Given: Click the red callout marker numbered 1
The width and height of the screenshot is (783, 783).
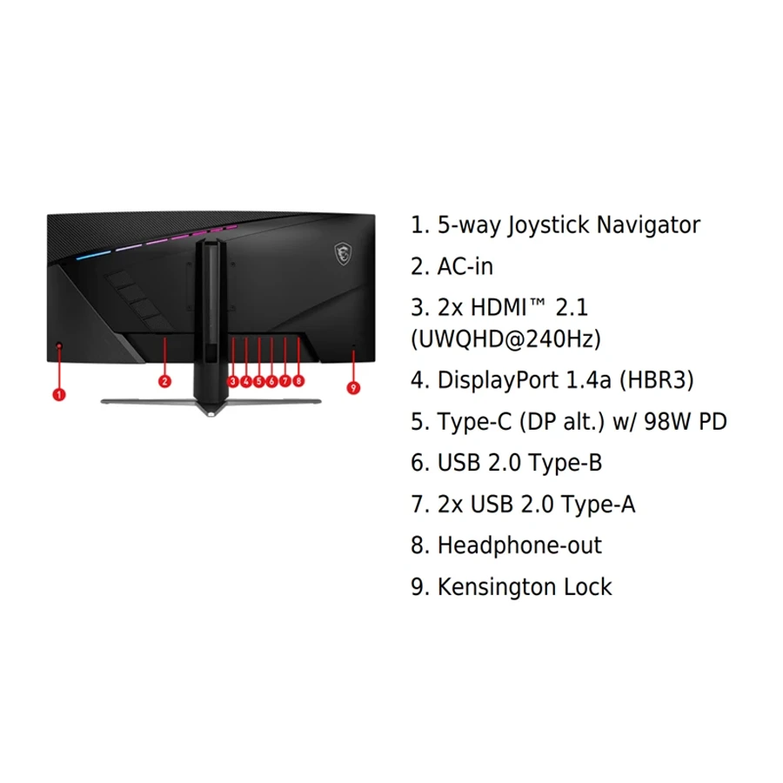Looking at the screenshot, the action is [59, 394].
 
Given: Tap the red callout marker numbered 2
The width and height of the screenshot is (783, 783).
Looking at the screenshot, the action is [164, 382].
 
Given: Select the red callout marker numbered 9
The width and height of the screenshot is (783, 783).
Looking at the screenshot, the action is [353, 388].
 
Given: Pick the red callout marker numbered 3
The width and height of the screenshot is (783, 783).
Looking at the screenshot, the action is [232, 382].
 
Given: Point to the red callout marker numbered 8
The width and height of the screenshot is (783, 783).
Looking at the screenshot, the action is [298, 381].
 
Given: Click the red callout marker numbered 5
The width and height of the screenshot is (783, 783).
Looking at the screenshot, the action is [258, 382].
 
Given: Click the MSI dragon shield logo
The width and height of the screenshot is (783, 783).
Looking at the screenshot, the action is [343, 254].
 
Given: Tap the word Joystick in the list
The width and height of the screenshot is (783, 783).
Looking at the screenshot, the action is [549, 225].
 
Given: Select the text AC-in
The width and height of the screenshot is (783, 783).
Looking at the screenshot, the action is [465, 267].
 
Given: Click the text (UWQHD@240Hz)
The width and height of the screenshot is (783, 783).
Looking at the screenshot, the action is [505, 339].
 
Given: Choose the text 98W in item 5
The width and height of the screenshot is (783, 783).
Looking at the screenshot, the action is [667, 421].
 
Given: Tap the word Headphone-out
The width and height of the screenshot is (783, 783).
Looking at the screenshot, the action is [519, 545].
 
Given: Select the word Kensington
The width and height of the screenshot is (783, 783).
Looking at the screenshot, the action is [497, 587].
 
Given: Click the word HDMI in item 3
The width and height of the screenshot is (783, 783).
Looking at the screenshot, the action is [499, 308].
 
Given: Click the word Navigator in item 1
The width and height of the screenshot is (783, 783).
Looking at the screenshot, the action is [648, 225].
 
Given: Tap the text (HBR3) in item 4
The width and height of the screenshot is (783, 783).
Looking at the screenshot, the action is [657, 380].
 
